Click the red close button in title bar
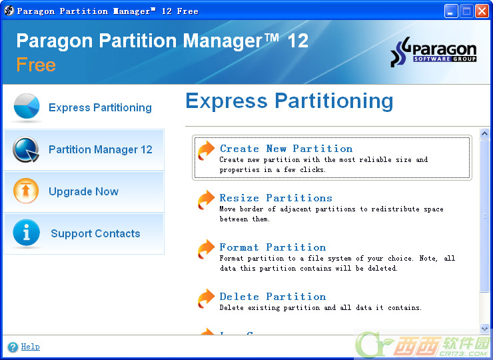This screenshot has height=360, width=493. pos(482,11)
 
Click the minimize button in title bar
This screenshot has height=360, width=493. pos(451,11)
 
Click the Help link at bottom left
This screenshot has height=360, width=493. pos(30,347)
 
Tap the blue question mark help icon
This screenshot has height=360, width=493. pos(13,347)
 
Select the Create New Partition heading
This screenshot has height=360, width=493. pos(286,149)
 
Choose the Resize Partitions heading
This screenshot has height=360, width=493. pos(276,198)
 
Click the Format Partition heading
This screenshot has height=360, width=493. pos(272,247)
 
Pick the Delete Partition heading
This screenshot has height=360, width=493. pos(272,297)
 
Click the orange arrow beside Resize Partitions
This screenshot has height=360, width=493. pos(206,200)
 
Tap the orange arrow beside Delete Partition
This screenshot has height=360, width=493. pos(206,299)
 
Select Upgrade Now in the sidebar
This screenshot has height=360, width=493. pos(84,191)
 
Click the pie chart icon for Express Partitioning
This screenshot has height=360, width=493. pos(27,107)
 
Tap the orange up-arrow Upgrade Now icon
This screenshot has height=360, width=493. pos(26,191)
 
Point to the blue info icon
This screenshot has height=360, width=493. pos(27,232)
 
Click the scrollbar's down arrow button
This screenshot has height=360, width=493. pos(484,329)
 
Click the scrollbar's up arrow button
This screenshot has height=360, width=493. pos(484,133)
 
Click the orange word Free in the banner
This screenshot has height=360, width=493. pos(36,65)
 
